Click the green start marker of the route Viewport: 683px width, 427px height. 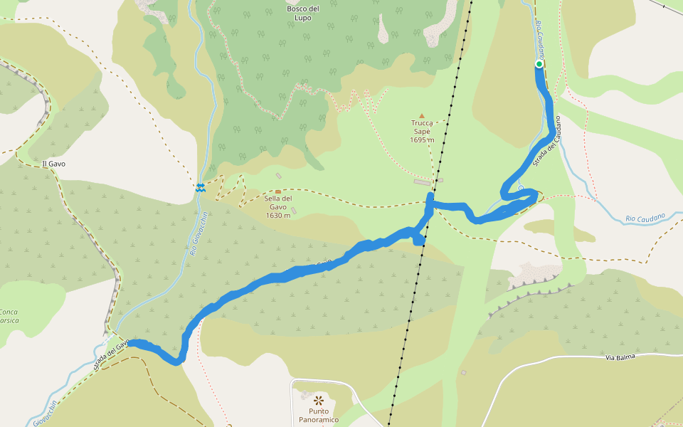tap(539, 65)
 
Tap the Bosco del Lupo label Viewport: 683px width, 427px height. tap(303, 13)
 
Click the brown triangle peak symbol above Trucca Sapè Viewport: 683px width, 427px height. tap(421, 115)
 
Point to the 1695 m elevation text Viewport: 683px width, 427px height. tap(422, 140)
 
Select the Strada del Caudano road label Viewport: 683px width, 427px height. tap(548, 142)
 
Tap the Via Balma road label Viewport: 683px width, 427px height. tap(619, 357)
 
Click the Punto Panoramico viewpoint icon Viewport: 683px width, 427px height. tap(318, 399)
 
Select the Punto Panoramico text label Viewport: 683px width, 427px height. tap(318, 415)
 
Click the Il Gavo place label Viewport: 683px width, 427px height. tap(54, 164)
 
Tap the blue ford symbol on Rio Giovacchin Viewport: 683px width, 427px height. tap(201, 187)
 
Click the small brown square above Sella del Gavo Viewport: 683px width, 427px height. tap(278, 191)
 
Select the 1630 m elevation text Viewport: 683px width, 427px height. tap(278, 216)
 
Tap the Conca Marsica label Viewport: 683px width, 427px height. tap(9, 315)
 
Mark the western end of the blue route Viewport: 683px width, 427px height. tap(130, 344)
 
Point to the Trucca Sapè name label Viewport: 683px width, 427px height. tap(422, 127)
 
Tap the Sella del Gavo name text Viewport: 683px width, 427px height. tap(278, 203)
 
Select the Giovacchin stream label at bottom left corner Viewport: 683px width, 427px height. tap(44, 413)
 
